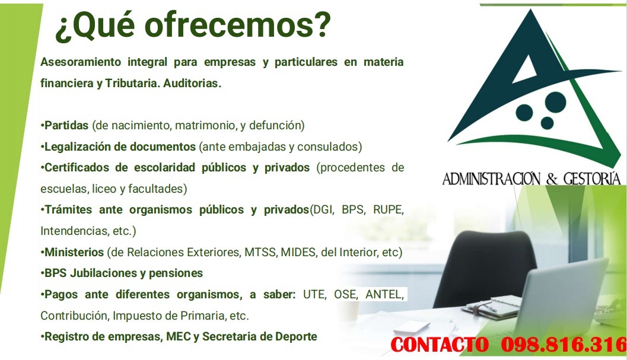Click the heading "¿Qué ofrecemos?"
coord(192,27)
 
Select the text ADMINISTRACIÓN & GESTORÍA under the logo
coord(531,179)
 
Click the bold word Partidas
coord(66,125)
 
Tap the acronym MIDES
coord(298,252)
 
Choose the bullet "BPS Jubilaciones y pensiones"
coord(123,273)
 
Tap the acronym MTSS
coord(260,252)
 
